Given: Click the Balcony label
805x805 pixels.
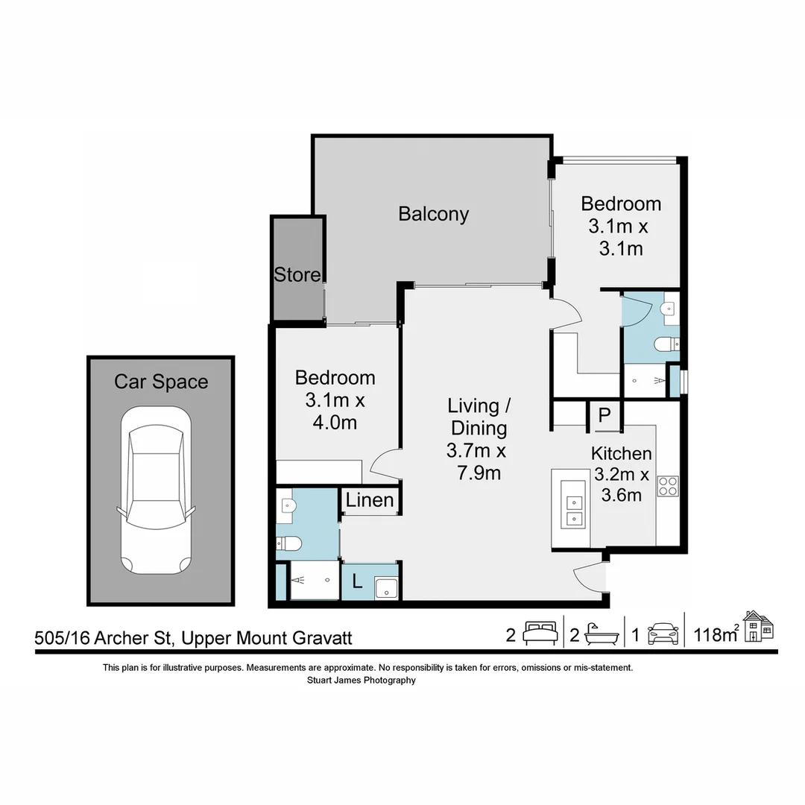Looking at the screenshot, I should pos(433,214).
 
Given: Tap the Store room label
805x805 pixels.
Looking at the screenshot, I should pos(297,274).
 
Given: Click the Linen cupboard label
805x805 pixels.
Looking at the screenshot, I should pos(370,499).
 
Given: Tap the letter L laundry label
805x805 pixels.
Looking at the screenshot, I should pos(357,581).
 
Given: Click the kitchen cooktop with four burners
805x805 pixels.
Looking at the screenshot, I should pos(667,486).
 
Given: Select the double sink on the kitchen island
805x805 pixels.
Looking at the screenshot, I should pos(573,510).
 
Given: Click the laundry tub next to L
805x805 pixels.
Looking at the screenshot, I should pos(386,587).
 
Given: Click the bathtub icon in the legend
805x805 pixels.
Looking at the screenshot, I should pos(600,634).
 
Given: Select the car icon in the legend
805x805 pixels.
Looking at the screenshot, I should pos(663,634).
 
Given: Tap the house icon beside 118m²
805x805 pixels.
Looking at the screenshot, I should pos(759,626).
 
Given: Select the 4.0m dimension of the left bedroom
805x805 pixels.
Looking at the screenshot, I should pos(335,423).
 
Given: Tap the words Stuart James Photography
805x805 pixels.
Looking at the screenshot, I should pos(361,680).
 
